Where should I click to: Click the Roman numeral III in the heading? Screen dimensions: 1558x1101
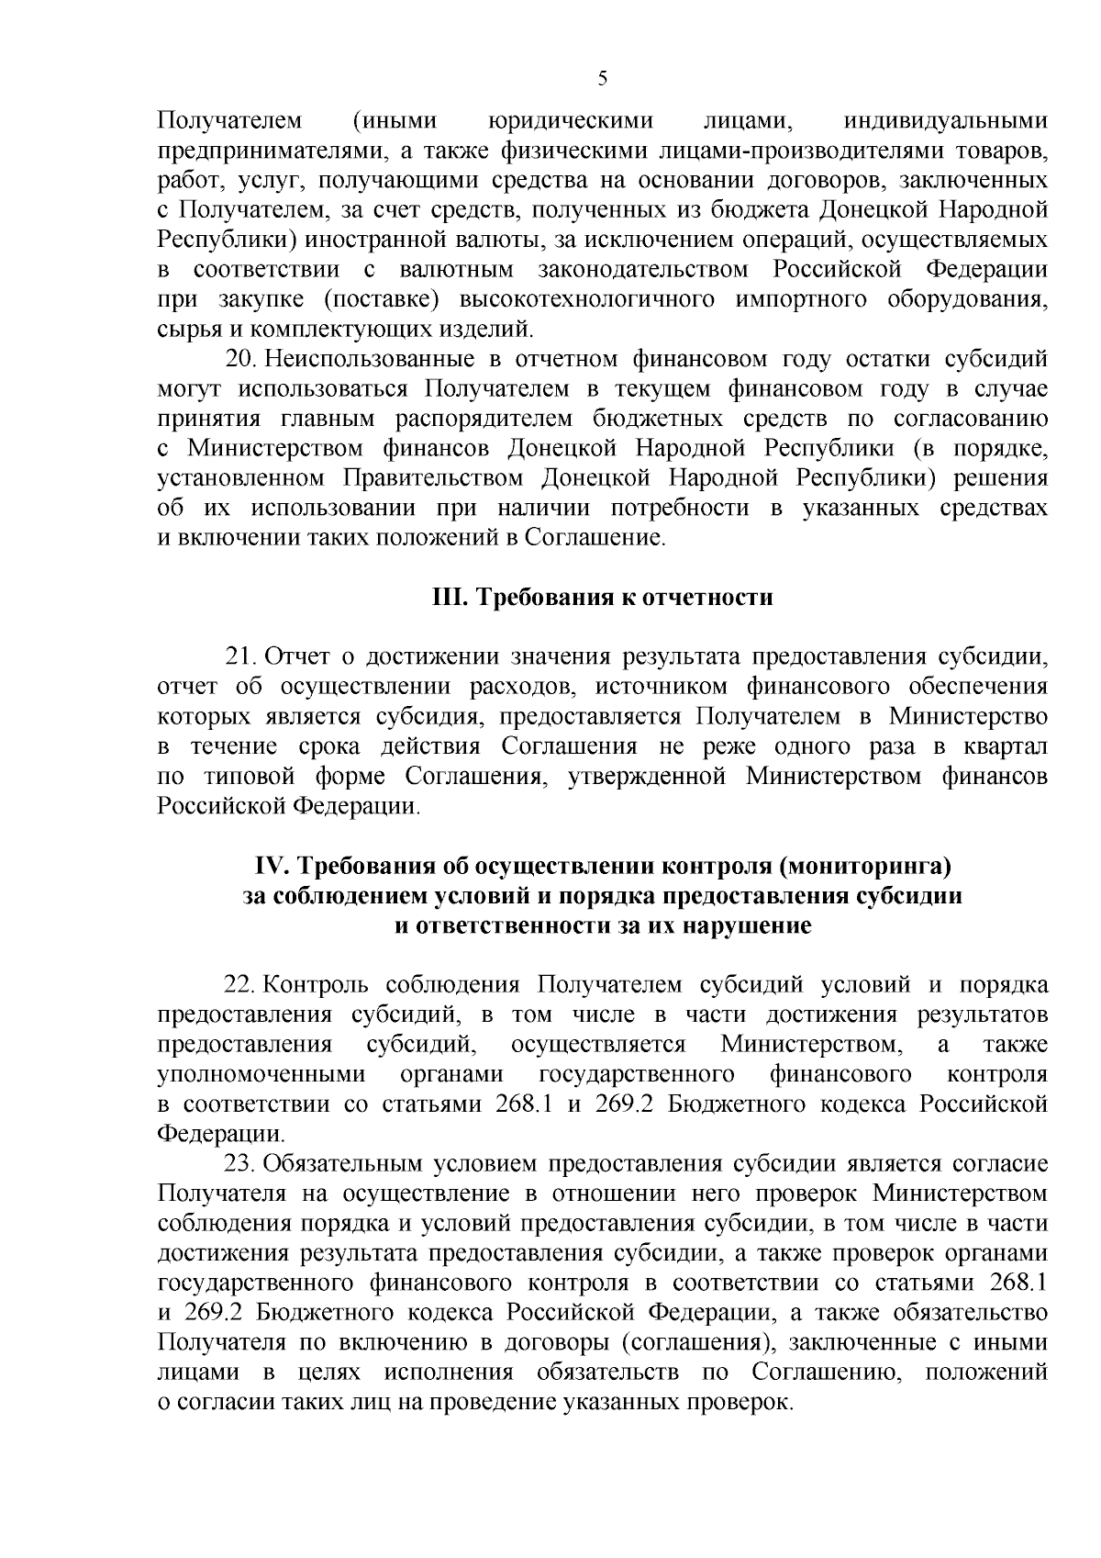point(450,598)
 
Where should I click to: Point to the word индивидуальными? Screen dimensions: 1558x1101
point(945,120)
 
